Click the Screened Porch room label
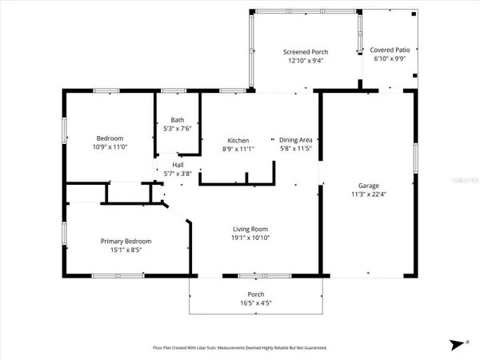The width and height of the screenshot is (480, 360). pos(302,52)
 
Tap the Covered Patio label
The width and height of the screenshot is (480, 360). pos(389,50)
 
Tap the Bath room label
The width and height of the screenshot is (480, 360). pos(177,120)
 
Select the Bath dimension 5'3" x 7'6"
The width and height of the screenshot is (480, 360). pos(177,129)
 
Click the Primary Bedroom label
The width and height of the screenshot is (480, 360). pos(126,241)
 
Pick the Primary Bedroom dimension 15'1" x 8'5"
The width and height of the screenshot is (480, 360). pos(126,250)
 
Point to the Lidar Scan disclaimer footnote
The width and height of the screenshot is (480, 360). pos(239,348)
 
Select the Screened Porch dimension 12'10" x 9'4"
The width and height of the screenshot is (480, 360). pos(302,61)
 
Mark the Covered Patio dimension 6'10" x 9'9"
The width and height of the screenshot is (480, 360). pos(389,58)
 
